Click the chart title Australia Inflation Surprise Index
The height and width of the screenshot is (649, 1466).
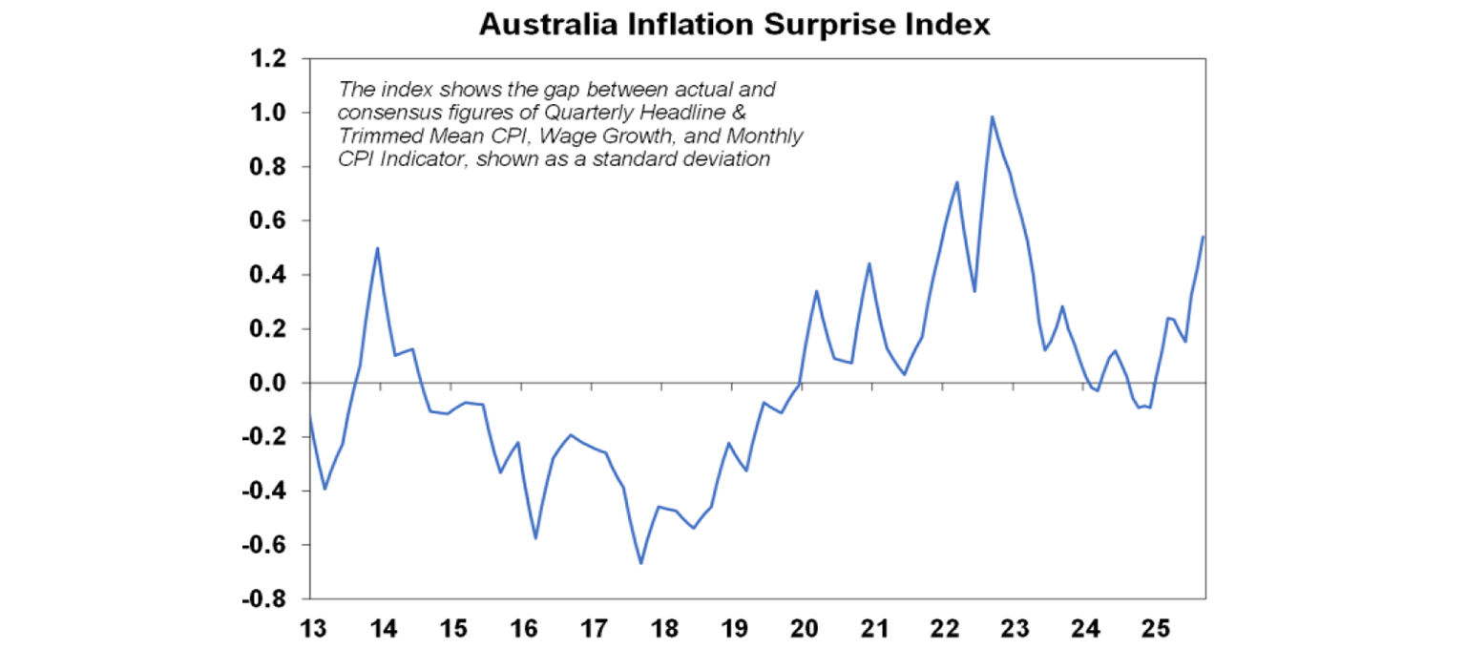pyautogui.click(x=734, y=25)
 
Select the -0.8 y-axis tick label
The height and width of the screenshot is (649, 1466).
pyautogui.click(x=268, y=600)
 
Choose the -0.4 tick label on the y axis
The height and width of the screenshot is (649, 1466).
pyautogui.click(x=268, y=492)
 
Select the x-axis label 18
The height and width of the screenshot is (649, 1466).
pyautogui.click(x=664, y=629)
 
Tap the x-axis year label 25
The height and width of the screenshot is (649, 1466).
pyautogui.click(x=1157, y=629)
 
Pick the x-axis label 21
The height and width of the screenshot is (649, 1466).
pyautogui.click(x=875, y=629)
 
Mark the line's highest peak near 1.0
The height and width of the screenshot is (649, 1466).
pyautogui.click(x=992, y=116)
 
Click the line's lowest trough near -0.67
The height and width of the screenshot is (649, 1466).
pyautogui.click(x=640, y=563)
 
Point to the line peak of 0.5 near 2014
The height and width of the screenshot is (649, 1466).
pyautogui.click(x=378, y=248)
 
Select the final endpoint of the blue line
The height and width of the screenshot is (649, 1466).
pyautogui.click(x=1203, y=237)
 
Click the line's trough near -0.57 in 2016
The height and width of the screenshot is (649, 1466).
pyautogui.click(x=535, y=537)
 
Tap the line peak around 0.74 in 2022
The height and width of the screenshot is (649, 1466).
pyautogui.click(x=956, y=182)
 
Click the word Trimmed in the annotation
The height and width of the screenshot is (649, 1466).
pyautogui.click(x=373, y=136)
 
